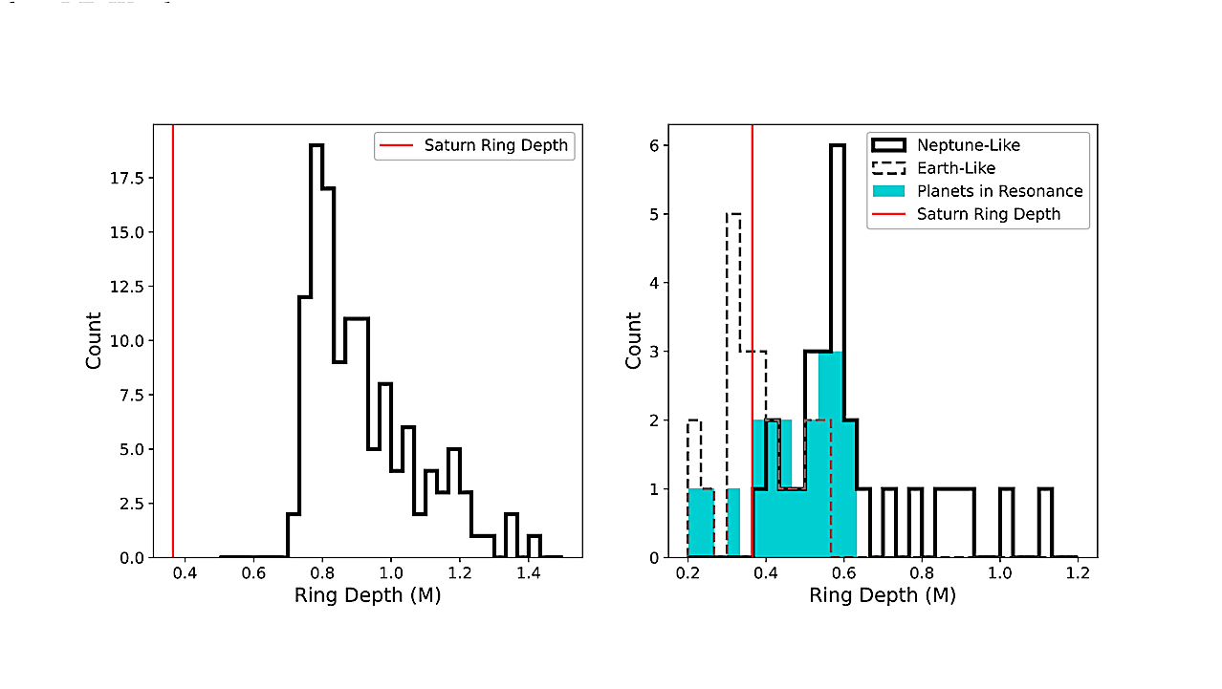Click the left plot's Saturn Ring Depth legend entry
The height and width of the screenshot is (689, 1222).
click(x=475, y=145)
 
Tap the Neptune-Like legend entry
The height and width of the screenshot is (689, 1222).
click(x=968, y=145)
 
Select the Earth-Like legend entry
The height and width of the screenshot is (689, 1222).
click(x=956, y=168)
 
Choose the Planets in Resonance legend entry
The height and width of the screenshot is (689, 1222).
click(x=999, y=191)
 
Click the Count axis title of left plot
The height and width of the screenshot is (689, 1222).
click(x=94, y=340)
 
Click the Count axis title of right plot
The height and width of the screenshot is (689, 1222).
click(x=633, y=340)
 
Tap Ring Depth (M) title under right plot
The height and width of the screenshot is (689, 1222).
click(x=883, y=595)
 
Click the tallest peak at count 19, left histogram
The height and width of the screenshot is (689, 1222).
click(x=316, y=146)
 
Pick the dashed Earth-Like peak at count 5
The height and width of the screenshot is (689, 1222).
click(x=733, y=214)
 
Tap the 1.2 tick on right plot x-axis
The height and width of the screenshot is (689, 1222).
click(x=1078, y=573)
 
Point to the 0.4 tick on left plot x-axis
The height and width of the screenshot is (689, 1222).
click(x=185, y=573)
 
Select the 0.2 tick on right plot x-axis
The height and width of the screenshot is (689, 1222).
click(x=687, y=573)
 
